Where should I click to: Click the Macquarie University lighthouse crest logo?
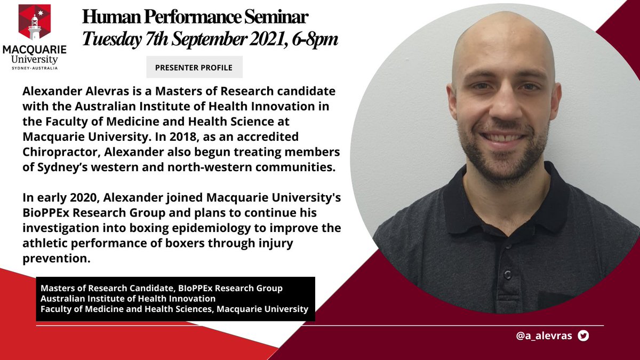coord(35,22)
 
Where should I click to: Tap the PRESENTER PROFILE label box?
coord(194,68)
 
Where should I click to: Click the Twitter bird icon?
coord(583,335)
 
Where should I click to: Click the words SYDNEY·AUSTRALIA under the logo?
coord(34,68)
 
